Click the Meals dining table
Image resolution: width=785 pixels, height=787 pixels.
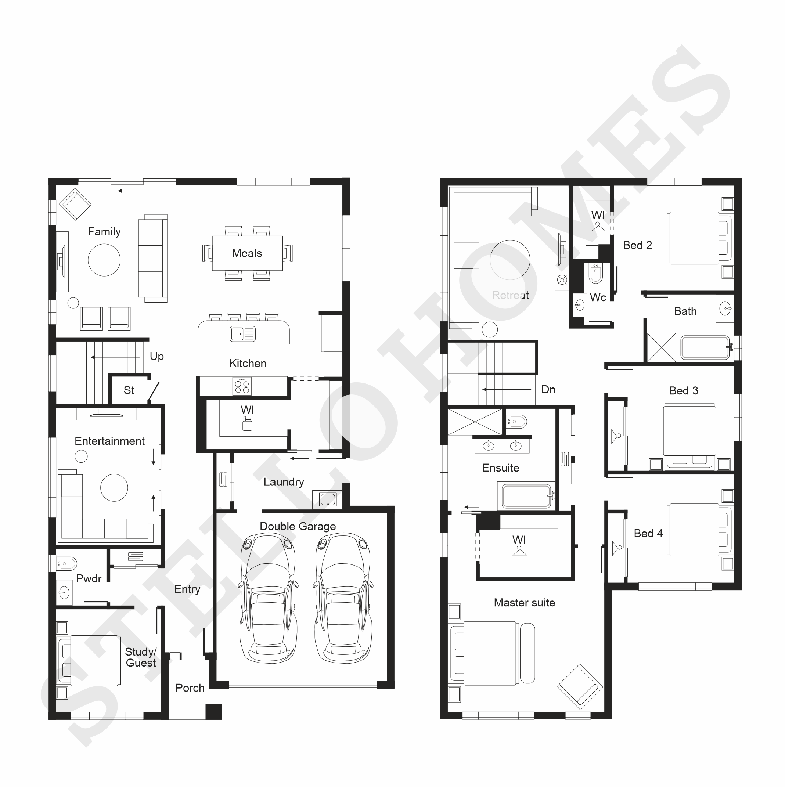click(x=247, y=253)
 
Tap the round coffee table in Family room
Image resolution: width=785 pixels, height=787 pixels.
click(x=104, y=260)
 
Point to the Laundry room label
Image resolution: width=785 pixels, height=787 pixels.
click(x=284, y=482)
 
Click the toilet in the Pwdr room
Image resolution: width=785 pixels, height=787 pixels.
click(x=66, y=564)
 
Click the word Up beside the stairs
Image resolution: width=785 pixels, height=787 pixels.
click(x=157, y=357)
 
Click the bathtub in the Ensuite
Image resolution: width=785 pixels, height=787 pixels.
click(x=526, y=496)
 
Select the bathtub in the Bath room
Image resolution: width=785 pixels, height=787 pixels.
click(x=705, y=347)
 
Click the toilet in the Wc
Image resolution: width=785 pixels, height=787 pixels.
click(x=595, y=273)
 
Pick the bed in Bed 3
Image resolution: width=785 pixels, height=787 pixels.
click(x=689, y=436)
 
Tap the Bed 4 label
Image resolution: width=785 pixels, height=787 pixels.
click(x=648, y=533)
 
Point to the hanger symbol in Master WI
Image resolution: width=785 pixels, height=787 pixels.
click(x=519, y=550)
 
